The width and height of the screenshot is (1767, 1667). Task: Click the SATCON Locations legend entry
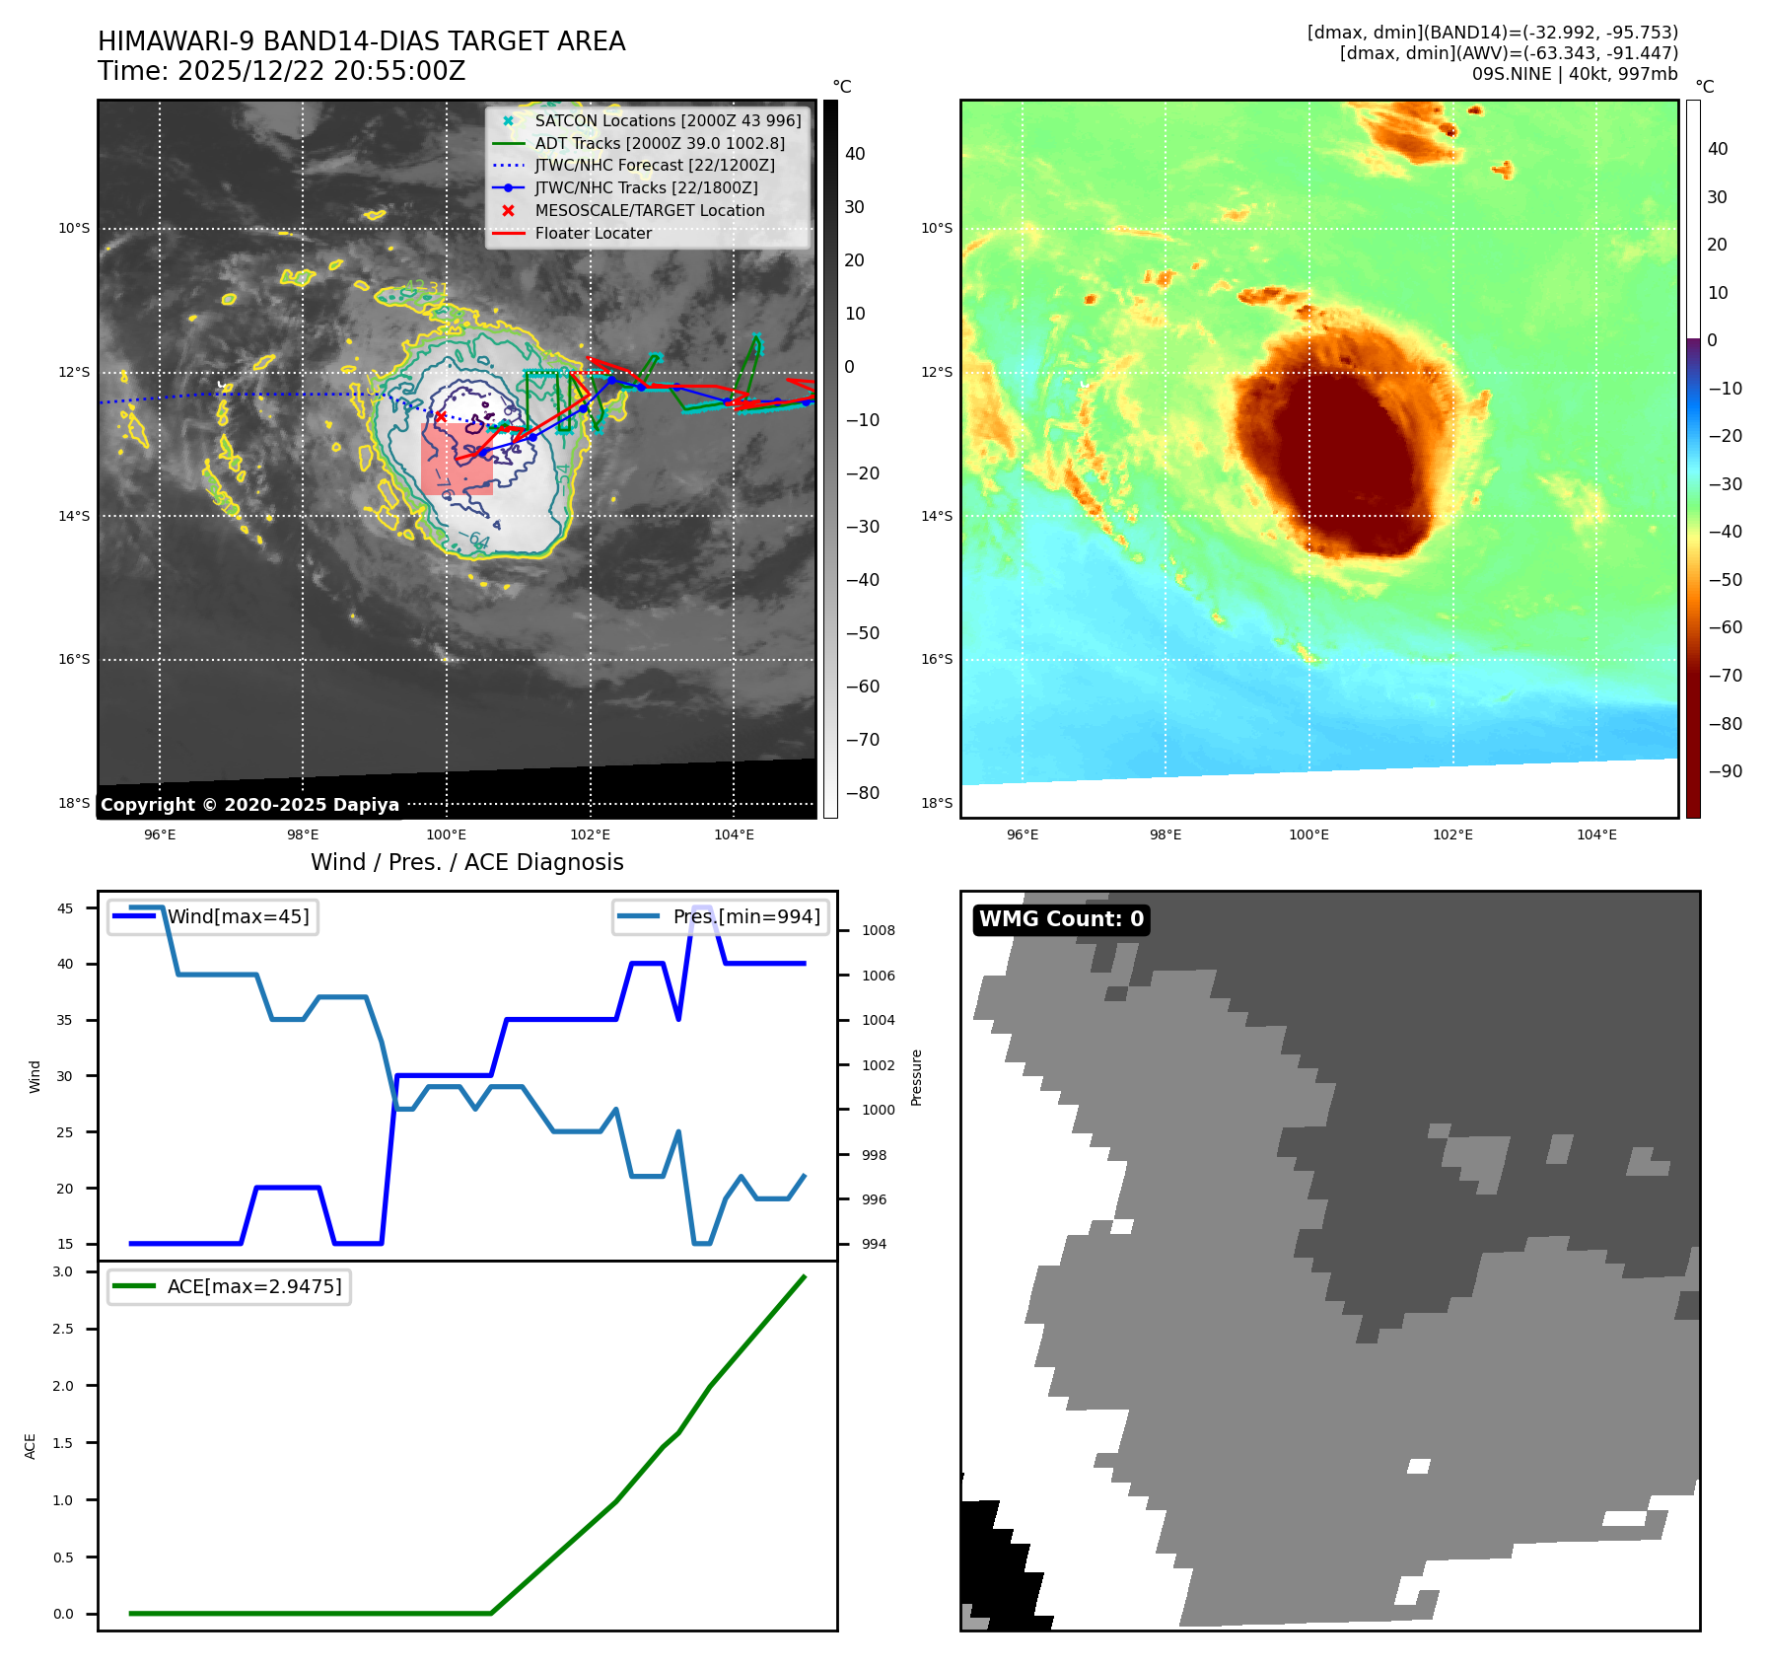pos(668,120)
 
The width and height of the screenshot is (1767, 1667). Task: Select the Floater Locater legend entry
pos(593,234)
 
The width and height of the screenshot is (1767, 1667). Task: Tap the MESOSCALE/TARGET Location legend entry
pos(649,211)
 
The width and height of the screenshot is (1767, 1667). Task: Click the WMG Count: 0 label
pos(1061,919)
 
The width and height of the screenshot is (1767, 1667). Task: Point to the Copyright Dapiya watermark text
pos(249,805)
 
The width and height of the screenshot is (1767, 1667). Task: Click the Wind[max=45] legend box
pos(213,916)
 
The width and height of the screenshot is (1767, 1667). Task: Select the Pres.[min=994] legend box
pos(720,916)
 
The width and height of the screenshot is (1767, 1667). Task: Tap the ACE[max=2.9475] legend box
pos(229,1286)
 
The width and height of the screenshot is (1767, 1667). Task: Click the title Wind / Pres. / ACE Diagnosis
pos(467,862)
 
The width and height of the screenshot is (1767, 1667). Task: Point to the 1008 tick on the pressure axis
pos(878,930)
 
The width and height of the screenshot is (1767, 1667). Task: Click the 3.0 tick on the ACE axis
pos(63,1271)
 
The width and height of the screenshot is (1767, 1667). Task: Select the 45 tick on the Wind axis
pos(65,908)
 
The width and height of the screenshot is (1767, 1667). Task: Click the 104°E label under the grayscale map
pos(734,835)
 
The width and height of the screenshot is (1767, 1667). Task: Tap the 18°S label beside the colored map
pos(937,803)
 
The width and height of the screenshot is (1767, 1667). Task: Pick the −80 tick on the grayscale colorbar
pos(862,793)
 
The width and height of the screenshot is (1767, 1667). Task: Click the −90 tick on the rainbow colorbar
pos(1725,771)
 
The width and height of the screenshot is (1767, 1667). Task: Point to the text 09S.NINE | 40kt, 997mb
pos(1574,74)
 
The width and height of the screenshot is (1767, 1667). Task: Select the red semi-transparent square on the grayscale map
pos(457,459)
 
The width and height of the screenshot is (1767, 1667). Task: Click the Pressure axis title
pos(917,1077)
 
